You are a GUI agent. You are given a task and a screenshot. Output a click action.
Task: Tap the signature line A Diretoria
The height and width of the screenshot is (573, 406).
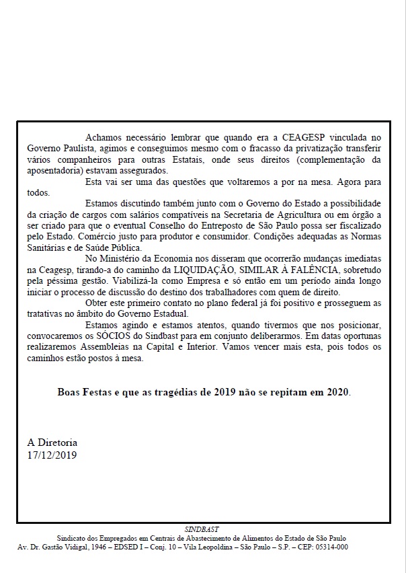click(x=52, y=443)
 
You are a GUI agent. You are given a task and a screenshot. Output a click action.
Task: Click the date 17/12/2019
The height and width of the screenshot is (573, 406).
click(x=52, y=455)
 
